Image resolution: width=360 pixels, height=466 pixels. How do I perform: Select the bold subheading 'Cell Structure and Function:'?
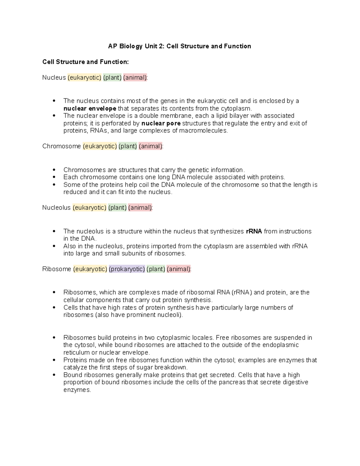click(85, 62)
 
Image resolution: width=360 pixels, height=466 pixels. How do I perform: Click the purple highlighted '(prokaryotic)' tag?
click(127, 269)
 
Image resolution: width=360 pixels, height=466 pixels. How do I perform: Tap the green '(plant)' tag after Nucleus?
click(112, 78)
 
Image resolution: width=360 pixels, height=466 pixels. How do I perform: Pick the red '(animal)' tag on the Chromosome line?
click(151, 146)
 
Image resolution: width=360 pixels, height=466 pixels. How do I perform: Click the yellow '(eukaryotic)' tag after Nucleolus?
click(89, 208)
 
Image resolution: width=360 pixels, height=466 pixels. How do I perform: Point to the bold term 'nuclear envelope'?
click(90, 108)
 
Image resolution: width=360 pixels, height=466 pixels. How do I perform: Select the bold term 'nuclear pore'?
click(161, 123)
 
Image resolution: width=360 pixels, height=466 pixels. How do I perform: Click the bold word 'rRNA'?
click(254, 231)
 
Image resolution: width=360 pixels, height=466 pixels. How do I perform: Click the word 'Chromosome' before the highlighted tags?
click(61, 146)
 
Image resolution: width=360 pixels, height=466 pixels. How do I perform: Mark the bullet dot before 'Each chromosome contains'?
click(54, 177)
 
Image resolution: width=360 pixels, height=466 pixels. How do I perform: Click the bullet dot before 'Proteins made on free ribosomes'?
click(54, 360)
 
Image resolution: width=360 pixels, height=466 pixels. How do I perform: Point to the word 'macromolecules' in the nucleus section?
click(203, 131)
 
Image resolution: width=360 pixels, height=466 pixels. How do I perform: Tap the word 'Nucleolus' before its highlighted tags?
click(56, 208)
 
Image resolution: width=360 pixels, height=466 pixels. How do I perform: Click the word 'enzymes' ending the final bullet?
click(77, 390)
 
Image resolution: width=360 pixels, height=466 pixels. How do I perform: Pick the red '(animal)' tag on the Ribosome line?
click(179, 269)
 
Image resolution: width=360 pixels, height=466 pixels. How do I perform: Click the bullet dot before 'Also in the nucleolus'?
click(54, 246)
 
